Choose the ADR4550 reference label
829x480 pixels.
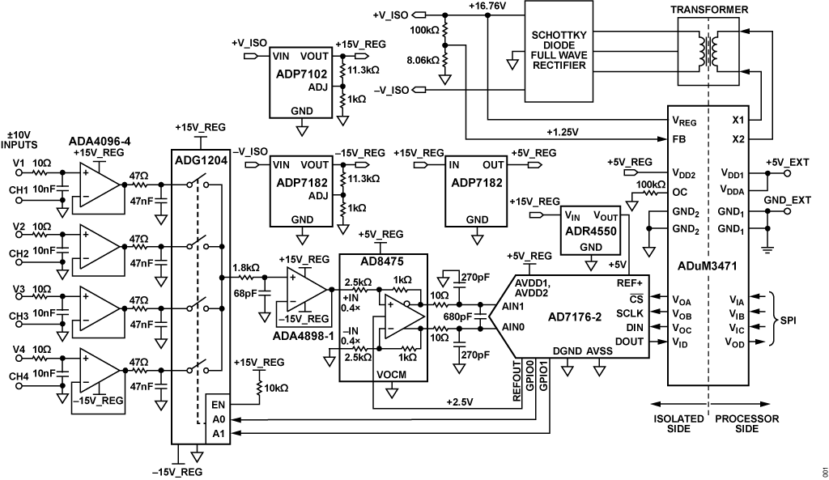[x=591, y=230]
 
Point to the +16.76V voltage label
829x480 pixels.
[x=487, y=6]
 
